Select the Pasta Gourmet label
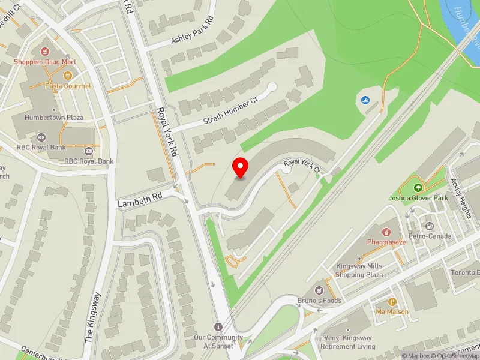point(68,86)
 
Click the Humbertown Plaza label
point(54,118)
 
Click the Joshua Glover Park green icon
point(418,182)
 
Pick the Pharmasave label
point(387,242)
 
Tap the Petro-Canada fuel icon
point(430,226)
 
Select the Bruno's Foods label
point(319,301)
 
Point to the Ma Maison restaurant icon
point(392,302)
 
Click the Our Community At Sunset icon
point(218,326)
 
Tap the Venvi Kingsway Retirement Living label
point(348,342)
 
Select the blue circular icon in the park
point(365,100)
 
